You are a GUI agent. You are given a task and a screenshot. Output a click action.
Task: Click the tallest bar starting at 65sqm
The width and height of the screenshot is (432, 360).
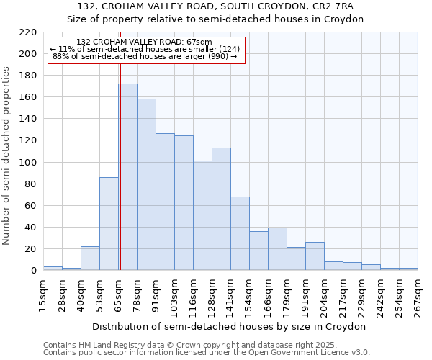click(x=127, y=177)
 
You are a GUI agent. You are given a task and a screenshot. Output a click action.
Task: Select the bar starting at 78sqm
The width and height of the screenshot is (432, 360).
click(x=146, y=185)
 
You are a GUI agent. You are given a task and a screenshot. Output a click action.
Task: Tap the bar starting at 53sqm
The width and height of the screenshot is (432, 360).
click(x=109, y=224)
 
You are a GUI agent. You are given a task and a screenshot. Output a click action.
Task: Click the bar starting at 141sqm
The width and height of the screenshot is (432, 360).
click(x=240, y=233)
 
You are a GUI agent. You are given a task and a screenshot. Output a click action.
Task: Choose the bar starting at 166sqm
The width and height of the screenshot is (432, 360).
click(x=277, y=249)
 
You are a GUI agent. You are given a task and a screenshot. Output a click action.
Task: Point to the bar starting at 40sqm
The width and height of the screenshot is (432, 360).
click(x=90, y=258)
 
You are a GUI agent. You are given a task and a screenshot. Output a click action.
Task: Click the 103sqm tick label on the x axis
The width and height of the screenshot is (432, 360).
click(x=174, y=295)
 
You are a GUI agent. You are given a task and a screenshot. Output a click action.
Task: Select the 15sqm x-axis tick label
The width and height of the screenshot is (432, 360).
click(x=43, y=294)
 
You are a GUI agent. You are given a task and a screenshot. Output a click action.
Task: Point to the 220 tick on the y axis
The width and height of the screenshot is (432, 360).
click(x=28, y=32)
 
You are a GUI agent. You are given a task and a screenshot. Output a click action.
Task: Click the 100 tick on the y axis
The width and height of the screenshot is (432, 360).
click(x=28, y=163)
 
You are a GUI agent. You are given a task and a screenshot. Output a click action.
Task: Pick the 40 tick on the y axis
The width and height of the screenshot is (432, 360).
click(x=31, y=228)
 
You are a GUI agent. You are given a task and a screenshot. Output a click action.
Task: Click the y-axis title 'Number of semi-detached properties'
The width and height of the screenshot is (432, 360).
click(x=7, y=156)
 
